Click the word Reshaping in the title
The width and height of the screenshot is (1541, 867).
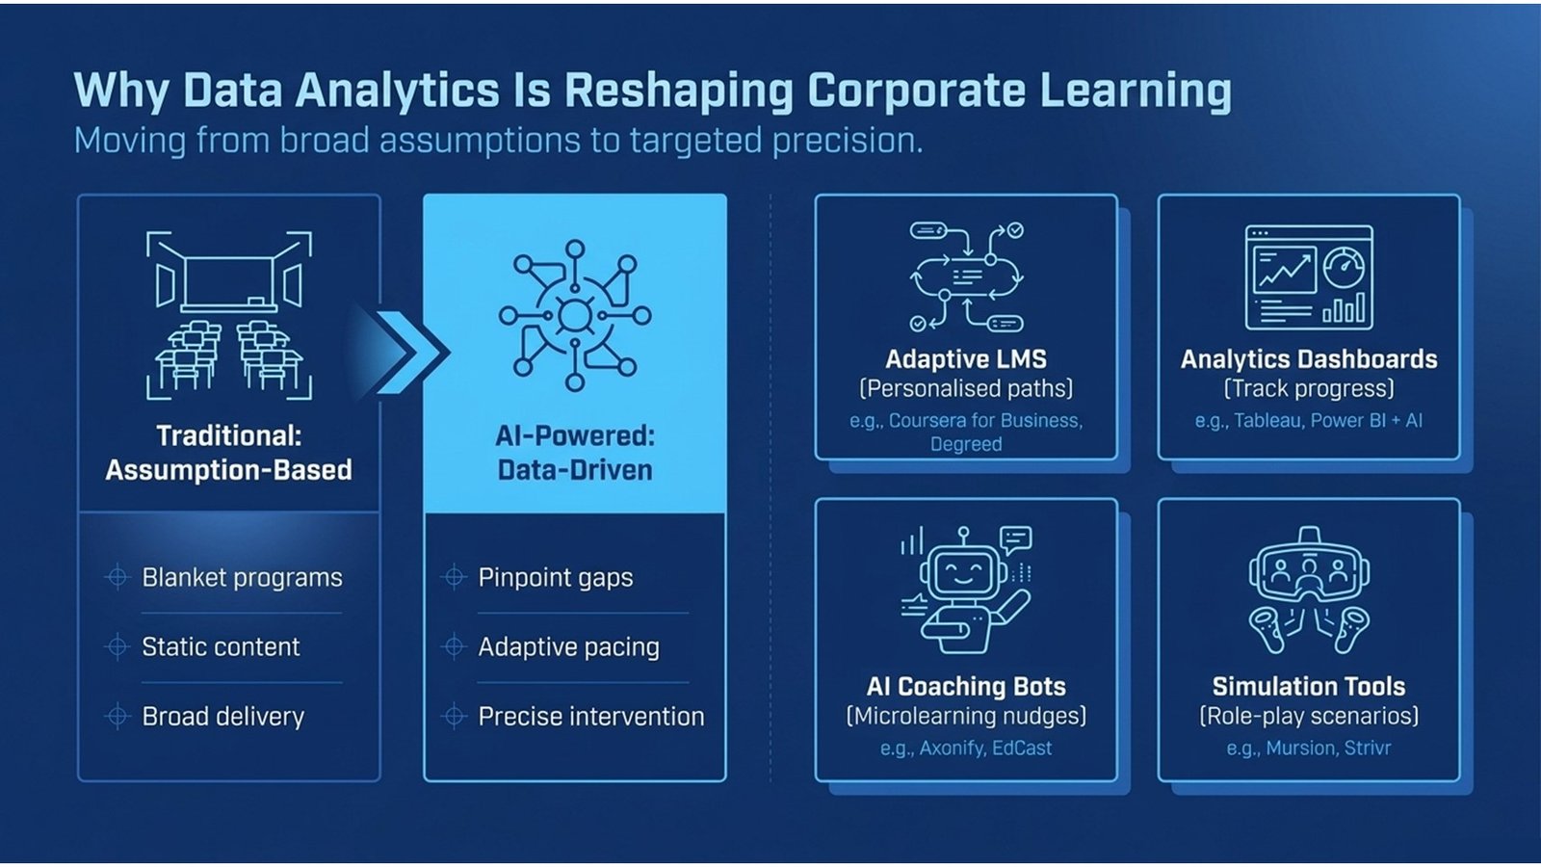click(x=678, y=91)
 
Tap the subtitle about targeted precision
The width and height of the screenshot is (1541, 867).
click(x=498, y=141)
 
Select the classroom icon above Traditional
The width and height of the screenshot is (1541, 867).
click(x=229, y=314)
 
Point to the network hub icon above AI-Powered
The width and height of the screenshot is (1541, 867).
click(x=575, y=315)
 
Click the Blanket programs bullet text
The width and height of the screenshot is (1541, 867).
click(x=242, y=578)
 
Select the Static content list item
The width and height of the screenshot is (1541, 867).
click(x=221, y=647)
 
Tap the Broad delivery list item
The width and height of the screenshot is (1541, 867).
click(x=222, y=717)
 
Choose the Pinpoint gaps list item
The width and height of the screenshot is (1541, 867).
click(x=556, y=578)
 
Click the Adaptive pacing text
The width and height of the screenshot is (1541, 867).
click(x=568, y=647)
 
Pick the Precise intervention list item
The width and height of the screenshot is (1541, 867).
click(x=590, y=717)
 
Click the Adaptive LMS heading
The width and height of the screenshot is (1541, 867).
click(x=965, y=359)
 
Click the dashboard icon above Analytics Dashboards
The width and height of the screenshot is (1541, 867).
click(x=1309, y=277)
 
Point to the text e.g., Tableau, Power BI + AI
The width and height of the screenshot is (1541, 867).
click(x=1308, y=421)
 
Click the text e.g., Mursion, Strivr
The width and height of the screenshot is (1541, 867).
click(x=1308, y=749)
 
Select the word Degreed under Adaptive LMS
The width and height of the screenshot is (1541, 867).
click(x=965, y=444)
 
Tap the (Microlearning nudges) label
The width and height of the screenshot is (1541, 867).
click(x=965, y=717)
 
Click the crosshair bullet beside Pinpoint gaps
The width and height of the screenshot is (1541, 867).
click(x=453, y=578)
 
